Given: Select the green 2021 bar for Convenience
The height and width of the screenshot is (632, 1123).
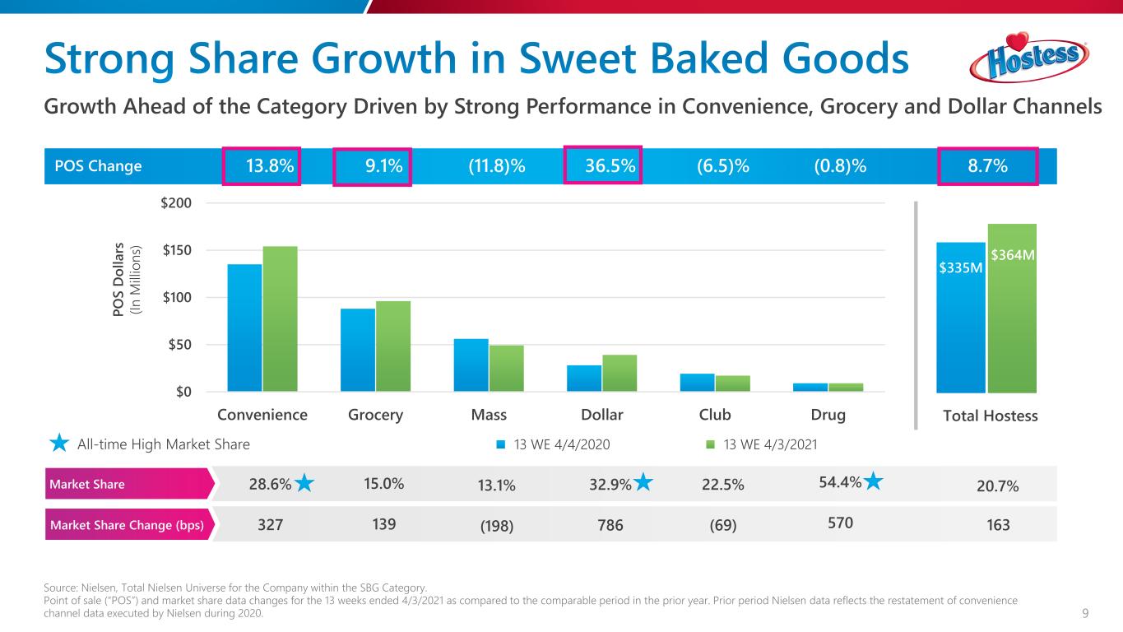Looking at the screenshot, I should [280, 318].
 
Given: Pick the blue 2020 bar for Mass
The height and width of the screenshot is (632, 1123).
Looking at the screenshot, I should [471, 365].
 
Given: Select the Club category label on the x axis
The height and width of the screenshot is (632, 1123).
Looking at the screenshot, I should [714, 415].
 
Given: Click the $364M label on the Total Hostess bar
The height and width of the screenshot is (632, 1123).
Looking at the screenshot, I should [1012, 256].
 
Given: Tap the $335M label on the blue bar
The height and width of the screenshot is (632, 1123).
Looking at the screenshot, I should [961, 267].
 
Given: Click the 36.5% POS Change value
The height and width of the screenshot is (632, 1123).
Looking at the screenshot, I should [610, 166].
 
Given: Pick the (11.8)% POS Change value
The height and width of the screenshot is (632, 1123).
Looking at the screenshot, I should [497, 166].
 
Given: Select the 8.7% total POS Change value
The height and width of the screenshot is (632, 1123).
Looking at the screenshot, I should [987, 166].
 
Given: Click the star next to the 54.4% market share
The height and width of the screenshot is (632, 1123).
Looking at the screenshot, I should [874, 483].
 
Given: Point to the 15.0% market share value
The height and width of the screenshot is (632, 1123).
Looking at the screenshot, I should [383, 484].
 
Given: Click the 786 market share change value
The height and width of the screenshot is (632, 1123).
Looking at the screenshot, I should [609, 524].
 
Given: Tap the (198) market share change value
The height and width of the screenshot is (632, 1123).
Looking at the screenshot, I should [497, 525].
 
